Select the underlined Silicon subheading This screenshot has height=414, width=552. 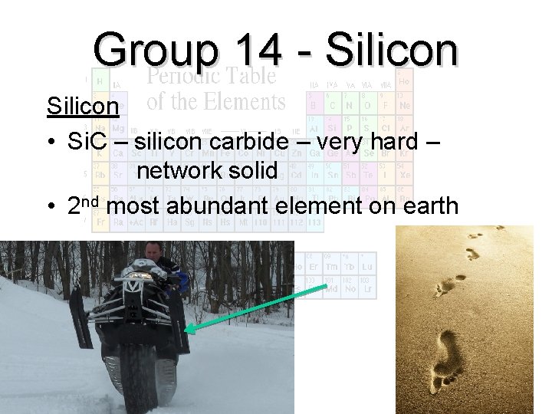(83, 106)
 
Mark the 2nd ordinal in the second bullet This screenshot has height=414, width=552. (84, 205)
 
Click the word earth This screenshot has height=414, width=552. (422, 205)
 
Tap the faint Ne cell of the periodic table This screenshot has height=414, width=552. (405, 104)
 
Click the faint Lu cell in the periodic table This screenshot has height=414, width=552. (367, 267)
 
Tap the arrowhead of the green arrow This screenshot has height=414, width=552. (189, 330)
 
